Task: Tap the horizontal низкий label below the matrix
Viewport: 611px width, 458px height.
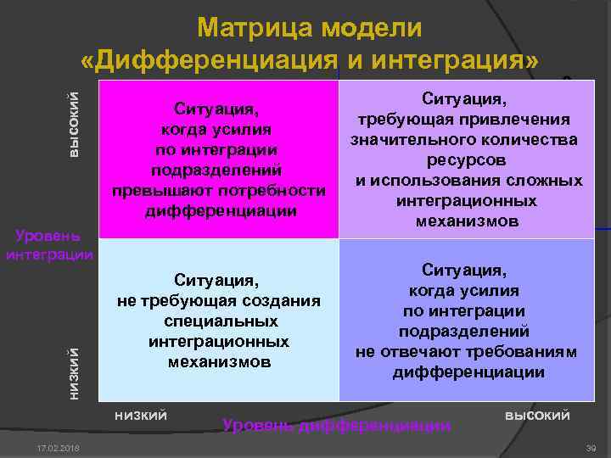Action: (x=140, y=414)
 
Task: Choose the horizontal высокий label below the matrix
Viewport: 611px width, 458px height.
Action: (x=537, y=414)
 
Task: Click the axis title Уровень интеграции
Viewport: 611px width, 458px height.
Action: (x=49, y=243)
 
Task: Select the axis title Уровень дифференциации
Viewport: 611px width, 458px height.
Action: (x=336, y=425)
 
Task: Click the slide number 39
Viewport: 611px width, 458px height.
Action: (x=591, y=447)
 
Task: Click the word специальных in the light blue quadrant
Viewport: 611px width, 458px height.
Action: (x=219, y=321)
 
